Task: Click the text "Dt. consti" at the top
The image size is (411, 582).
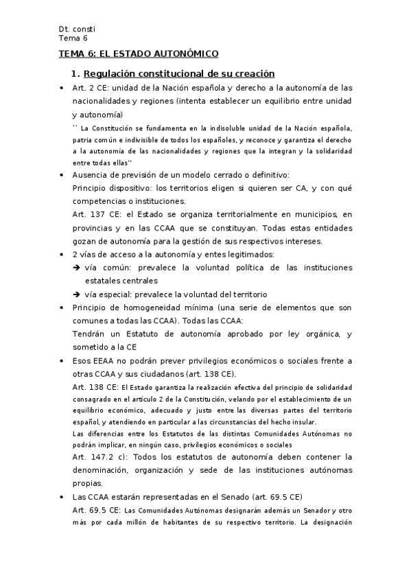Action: [77, 29]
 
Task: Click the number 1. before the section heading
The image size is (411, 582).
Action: [76, 73]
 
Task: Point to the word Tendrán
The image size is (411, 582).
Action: [89, 334]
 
